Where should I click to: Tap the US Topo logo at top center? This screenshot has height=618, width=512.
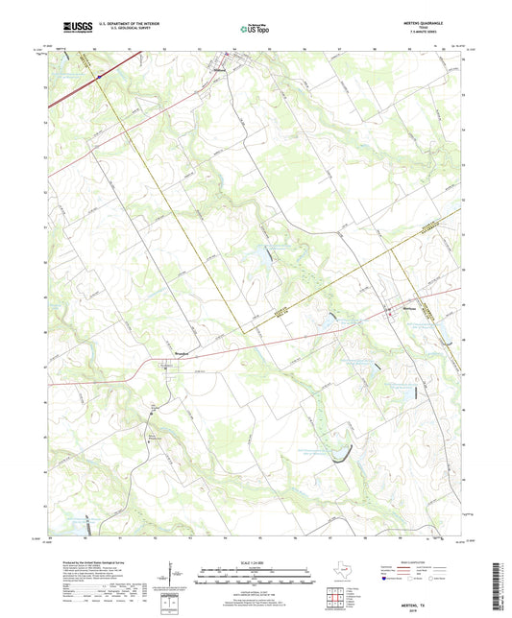pyautogui.click(x=248, y=30)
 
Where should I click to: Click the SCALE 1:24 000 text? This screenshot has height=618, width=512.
pyautogui.click(x=256, y=560)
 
